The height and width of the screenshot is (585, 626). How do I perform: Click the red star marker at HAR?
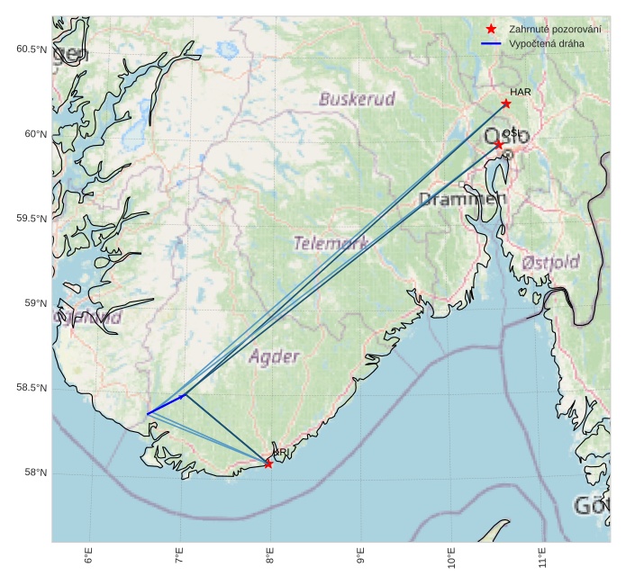coord(506,103)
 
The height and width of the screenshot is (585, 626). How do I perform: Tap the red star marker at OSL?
coord(498,144)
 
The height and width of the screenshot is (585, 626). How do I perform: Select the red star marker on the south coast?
coord(268,463)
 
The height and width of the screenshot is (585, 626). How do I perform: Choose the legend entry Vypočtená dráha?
coord(546,43)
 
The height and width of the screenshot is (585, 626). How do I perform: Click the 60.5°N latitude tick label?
coord(31,49)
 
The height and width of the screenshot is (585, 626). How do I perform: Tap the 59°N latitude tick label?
coord(34,303)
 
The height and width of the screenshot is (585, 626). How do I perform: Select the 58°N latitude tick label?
coord(34,473)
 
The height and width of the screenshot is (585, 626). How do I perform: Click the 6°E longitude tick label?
coord(88,557)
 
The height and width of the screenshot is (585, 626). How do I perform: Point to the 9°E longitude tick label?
coord(361,557)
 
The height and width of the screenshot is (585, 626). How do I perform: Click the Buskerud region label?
coord(357,99)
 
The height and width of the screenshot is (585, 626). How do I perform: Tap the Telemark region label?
coord(331,243)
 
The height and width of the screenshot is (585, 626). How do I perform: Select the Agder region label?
coord(274,357)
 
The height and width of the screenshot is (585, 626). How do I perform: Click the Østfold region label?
coord(550,262)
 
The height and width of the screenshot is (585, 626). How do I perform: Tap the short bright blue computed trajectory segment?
coord(165,405)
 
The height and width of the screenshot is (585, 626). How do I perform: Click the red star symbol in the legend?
coord(491,29)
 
